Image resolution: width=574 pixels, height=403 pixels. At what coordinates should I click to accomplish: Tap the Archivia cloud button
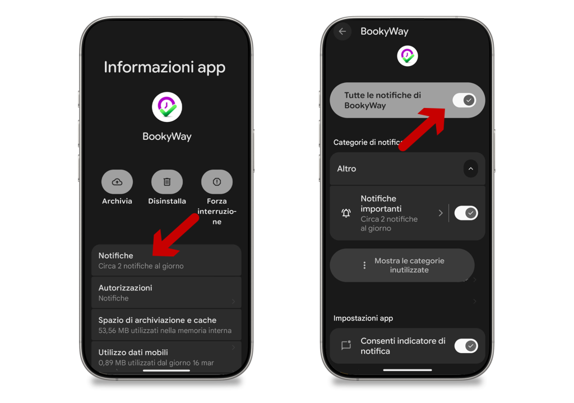coord(117,182)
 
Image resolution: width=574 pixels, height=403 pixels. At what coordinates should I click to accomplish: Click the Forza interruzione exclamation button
coord(217,182)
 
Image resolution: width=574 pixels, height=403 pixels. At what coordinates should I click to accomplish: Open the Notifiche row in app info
coord(166,260)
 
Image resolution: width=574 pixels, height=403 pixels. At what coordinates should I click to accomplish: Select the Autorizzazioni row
coord(166,293)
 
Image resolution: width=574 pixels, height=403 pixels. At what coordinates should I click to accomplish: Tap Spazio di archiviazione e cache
coord(166,325)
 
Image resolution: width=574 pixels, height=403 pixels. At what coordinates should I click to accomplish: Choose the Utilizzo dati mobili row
coord(166,357)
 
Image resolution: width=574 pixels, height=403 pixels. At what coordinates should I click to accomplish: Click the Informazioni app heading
coord(164,68)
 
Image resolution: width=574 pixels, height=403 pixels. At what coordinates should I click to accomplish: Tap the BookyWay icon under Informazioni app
coord(167,107)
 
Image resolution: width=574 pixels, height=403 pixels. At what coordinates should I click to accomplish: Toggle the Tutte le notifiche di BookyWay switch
coord(464,100)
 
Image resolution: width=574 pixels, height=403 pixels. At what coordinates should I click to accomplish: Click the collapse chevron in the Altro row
coord(471,168)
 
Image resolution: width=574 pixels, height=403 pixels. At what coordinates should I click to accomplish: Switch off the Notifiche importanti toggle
coord(466,213)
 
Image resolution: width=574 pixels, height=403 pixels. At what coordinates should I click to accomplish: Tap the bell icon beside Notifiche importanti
coord(346,213)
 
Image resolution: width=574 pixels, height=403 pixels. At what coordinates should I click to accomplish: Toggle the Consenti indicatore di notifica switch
coord(466,346)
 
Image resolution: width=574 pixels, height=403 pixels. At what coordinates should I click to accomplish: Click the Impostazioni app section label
coord(363,318)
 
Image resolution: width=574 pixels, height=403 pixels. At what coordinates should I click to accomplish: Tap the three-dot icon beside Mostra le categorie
coord(364,265)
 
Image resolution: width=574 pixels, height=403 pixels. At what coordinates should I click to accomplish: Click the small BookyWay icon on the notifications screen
coord(408,56)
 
